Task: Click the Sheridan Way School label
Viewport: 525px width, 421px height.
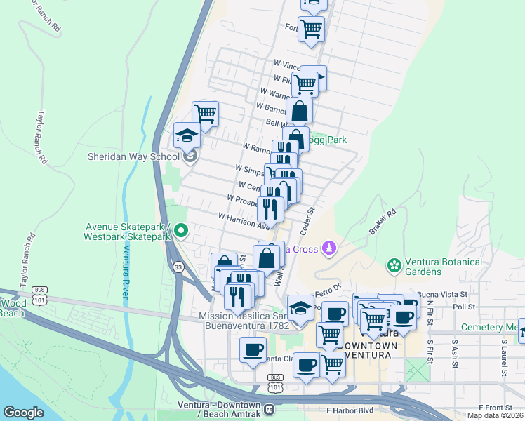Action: coord(133,156)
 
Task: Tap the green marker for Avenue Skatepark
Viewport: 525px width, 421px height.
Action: coord(181,230)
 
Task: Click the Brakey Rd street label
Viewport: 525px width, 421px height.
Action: coord(383,222)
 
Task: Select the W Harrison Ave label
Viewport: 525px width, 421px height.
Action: coord(244,222)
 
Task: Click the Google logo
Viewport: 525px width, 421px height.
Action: coord(23,413)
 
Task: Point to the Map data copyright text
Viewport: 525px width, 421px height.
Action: coord(495,415)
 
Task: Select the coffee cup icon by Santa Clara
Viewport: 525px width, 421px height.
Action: coord(253,349)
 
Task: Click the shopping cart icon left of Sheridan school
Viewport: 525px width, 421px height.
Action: coord(205,114)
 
